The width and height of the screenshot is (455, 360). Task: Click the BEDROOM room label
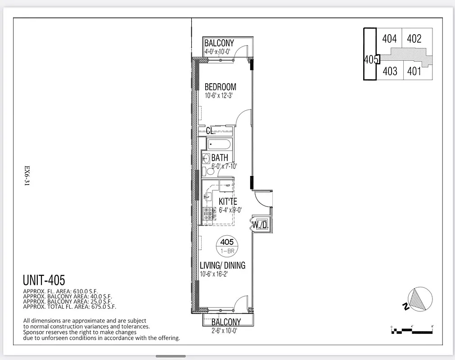220,87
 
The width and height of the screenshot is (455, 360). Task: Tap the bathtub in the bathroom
219,145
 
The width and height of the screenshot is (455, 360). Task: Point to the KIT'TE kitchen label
228,201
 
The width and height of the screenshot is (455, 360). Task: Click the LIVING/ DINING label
222,265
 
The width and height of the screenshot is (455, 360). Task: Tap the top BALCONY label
219,43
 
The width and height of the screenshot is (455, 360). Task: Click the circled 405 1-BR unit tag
227,245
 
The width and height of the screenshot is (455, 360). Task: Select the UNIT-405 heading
44,280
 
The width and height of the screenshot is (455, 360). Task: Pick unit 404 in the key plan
389,39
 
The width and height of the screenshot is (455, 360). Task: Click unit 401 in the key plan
414,71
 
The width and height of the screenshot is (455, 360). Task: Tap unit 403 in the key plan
389,71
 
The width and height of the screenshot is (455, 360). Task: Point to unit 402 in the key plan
414,39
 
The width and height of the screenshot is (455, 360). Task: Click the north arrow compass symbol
420,299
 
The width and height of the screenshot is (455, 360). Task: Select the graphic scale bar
412,331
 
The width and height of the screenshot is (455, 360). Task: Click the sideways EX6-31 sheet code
27,176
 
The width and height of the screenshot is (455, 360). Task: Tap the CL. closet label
210,131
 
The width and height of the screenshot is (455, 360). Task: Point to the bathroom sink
205,158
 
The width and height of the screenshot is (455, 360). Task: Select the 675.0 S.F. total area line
69,307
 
